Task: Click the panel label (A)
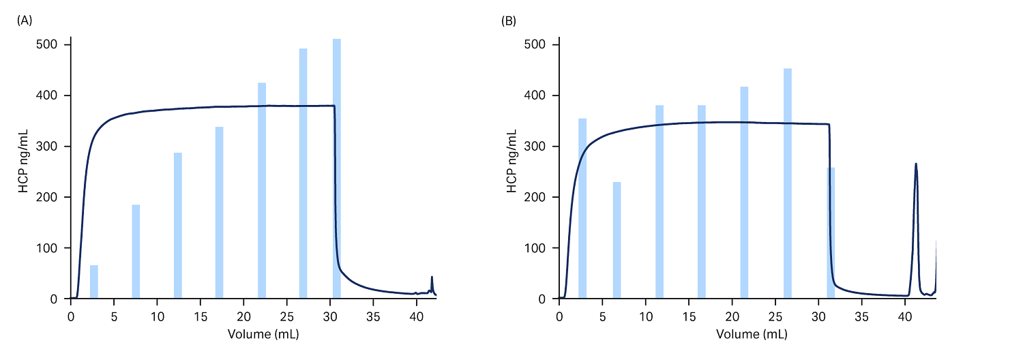tap(24, 20)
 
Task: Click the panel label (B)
tap(508, 20)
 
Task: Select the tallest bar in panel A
tap(336, 170)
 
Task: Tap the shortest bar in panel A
tap(94, 282)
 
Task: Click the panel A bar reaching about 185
tap(136, 252)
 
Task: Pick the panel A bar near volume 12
tap(178, 226)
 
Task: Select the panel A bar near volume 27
tap(303, 174)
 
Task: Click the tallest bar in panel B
tap(788, 184)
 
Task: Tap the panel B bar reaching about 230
tap(617, 240)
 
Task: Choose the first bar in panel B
tap(582, 209)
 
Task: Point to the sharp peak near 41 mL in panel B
tap(916, 165)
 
